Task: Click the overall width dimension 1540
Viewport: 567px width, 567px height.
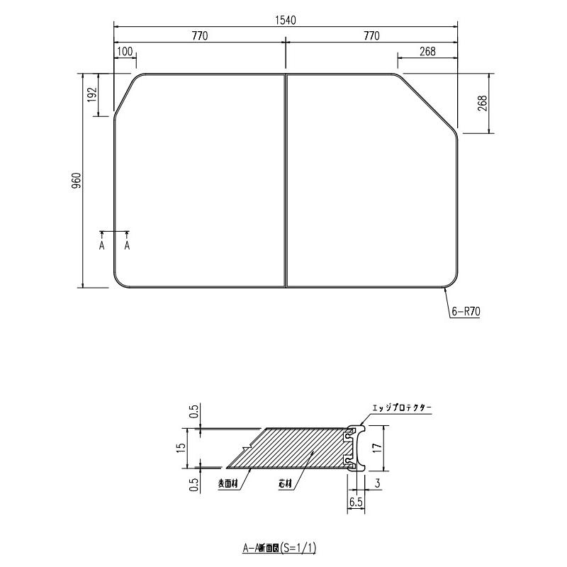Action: pos(285,20)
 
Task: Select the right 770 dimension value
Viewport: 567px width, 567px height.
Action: pos(371,36)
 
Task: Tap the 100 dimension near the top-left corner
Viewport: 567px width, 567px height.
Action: pos(124,52)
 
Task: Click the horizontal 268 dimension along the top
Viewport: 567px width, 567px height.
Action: pos(427,52)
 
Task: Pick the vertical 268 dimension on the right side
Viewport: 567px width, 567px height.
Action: pos(482,103)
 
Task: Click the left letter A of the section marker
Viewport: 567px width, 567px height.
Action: pos(102,245)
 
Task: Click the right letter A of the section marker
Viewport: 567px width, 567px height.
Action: pos(128,245)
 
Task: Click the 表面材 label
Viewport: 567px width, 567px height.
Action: pos(229,485)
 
